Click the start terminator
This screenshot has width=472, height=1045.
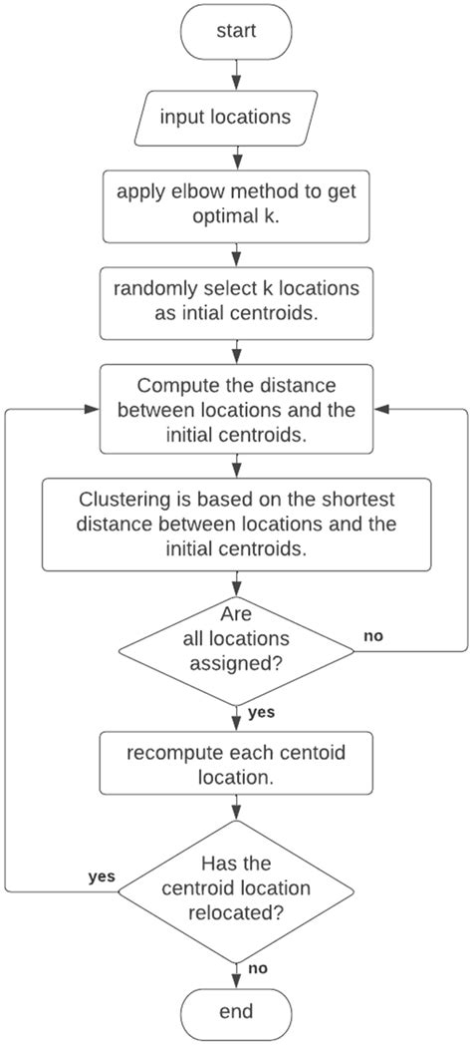pyautogui.click(x=236, y=31)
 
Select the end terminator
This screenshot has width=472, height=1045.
pyautogui.click(x=236, y=1011)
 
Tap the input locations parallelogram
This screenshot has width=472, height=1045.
pyautogui.click(x=236, y=117)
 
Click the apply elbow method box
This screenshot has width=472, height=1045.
pyautogui.click(x=236, y=204)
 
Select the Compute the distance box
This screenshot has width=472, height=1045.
pyautogui.click(x=236, y=408)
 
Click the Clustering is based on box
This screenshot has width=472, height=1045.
pyautogui.click(x=236, y=523)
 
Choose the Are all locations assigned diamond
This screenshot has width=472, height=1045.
pyautogui.click(x=236, y=651)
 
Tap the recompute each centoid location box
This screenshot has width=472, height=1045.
pyautogui.click(x=236, y=764)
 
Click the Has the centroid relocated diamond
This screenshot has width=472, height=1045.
pyautogui.click(x=236, y=887)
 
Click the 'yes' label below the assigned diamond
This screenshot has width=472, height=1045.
pyautogui.click(x=261, y=713)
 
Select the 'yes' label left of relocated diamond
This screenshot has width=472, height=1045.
pyautogui.click(x=102, y=876)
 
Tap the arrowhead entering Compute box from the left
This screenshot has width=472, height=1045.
pyautogui.click(x=93, y=408)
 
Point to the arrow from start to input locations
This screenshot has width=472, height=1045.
pyautogui.click(x=236, y=74)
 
